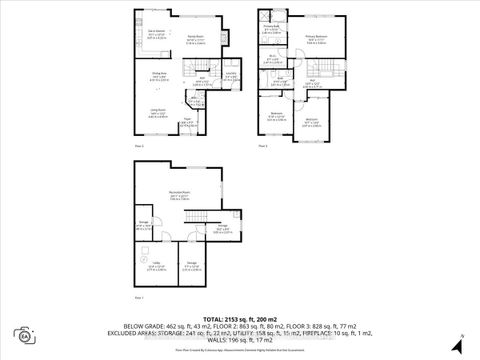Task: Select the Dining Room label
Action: tap(158, 75)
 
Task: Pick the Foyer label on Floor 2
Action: tap(214, 122)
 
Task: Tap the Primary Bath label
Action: tap(270, 29)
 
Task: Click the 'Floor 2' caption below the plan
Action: tap(140, 147)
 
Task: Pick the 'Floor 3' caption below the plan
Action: tap(263, 147)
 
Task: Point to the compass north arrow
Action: tap(458, 335)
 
